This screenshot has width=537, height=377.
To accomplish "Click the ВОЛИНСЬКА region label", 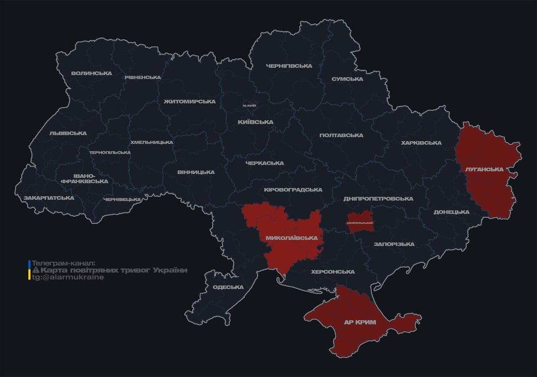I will tap(91, 74).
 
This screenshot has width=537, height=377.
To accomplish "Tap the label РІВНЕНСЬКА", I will tap(142, 78).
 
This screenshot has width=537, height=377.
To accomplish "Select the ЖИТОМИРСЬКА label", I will tap(189, 102).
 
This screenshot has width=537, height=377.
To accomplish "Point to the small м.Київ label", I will tap(249, 106).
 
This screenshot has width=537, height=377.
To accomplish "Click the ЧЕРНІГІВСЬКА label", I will tap(289, 66).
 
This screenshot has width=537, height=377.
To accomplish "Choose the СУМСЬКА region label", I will tap(347, 79).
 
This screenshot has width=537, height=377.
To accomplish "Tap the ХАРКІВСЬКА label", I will tap(421, 143).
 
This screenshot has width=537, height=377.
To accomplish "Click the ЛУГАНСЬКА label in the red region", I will tap(484, 169).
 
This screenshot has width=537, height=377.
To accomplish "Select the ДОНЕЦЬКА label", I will tap(451, 212).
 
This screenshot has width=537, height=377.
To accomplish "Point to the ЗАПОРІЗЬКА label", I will tap(394, 244).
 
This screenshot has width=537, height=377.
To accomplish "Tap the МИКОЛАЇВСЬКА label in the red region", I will tap(291, 238).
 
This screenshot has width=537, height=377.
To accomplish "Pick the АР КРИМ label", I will tap(360, 323).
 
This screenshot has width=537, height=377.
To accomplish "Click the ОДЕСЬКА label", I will tap(228, 287).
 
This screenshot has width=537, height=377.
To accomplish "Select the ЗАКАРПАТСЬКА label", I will tap(49, 198).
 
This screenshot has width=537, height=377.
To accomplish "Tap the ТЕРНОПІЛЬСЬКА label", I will tap(110, 152).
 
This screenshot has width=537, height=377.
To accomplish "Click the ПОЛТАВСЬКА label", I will tap(341, 135).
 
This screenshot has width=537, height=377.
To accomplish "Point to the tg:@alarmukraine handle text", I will tap(68, 277).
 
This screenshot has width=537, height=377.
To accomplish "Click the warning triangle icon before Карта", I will tap(35, 270).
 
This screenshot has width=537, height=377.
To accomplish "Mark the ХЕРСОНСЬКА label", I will tap(333, 271).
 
